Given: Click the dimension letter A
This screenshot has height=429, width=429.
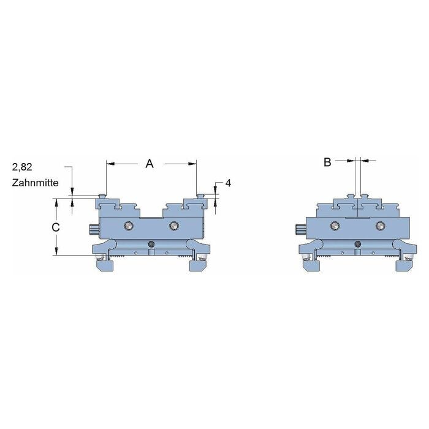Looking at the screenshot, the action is [150, 164].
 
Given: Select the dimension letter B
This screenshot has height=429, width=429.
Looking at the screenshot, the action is [327, 162].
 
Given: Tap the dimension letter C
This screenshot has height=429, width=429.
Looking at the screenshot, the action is [56, 227].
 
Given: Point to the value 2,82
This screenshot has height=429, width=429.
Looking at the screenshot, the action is [22, 167].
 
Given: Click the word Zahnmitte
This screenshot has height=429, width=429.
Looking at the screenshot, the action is [36, 183].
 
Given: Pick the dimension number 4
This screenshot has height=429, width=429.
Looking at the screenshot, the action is [228, 183].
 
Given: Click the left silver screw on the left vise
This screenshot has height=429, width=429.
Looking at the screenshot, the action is [128, 226].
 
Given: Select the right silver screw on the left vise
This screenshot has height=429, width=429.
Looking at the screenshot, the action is [173, 226].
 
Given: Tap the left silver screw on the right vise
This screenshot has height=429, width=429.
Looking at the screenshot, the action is [335, 226].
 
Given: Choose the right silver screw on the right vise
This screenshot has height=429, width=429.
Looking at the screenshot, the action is [381, 226].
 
